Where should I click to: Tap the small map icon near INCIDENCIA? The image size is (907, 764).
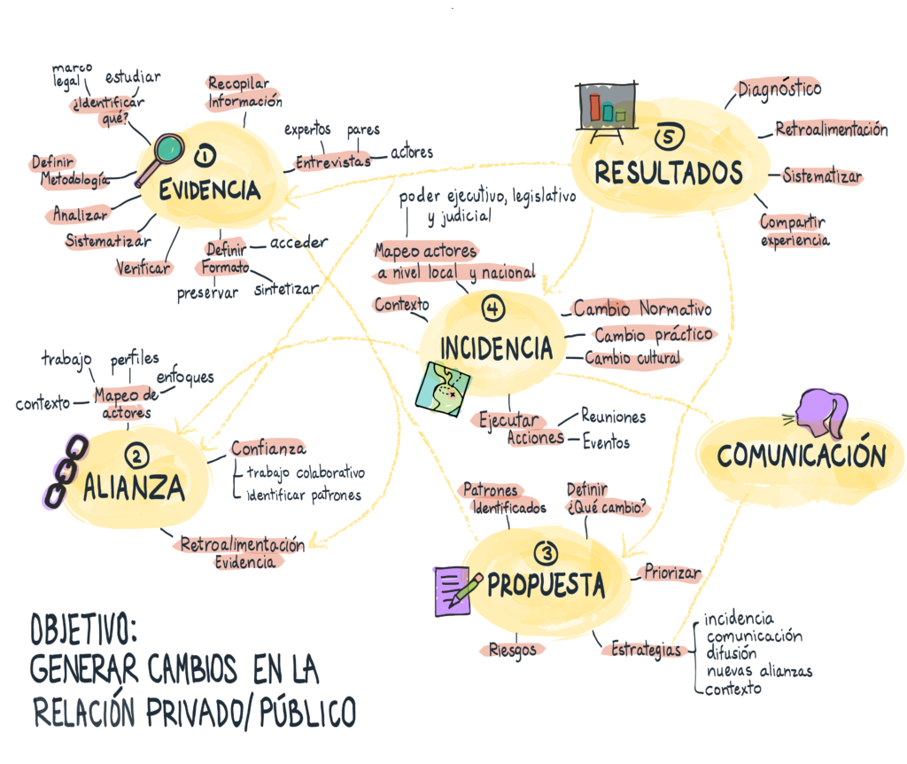(444, 387)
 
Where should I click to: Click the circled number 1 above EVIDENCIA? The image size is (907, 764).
(205, 157)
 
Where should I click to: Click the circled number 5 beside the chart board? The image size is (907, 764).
(671, 136)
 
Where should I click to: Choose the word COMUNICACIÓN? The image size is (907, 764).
(801, 456)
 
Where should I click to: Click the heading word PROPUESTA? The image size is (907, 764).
(547, 585)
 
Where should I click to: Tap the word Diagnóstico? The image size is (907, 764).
(779, 90)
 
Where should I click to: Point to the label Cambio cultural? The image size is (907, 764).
(633, 358)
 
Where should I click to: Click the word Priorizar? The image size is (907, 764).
(672, 573)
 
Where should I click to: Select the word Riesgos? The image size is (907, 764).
(513, 650)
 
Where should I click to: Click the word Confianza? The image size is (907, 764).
(268, 448)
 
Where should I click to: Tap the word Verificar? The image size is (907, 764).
(143, 266)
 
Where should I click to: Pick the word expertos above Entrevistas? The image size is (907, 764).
(307, 130)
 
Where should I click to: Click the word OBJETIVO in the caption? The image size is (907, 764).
(83, 631)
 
